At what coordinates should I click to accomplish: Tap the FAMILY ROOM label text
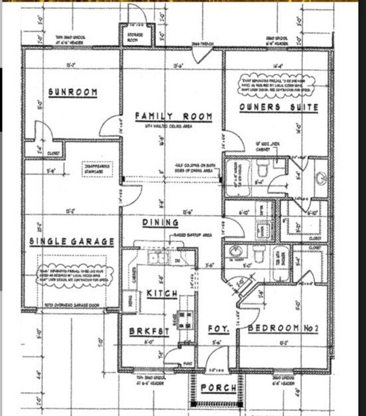click(173, 116)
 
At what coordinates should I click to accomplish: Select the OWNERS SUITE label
click(278, 107)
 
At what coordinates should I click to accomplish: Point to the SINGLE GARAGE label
click(72, 242)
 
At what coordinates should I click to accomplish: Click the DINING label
click(160, 223)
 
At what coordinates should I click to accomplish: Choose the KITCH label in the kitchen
click(162, 293)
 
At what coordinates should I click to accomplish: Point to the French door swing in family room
click(202, 55)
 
